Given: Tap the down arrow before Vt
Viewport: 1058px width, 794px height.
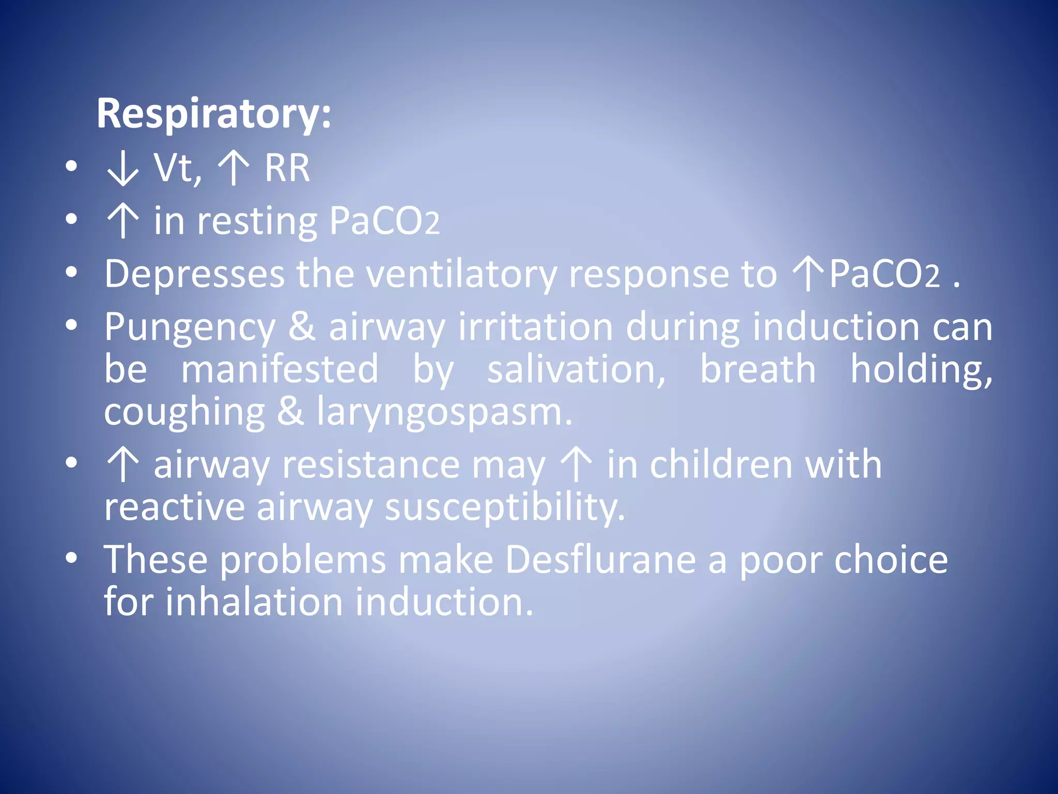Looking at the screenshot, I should click(x=122, y=169).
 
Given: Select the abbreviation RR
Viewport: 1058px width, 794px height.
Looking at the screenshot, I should click(x=287, y=169).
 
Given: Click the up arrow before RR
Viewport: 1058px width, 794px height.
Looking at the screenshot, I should click(x=234, y=169).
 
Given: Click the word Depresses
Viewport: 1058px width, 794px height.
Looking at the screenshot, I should click(x=194, y=274).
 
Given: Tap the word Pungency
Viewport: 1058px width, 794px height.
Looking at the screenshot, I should click(x=190, y=328).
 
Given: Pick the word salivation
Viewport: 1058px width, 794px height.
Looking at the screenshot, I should click(x=577, y=370).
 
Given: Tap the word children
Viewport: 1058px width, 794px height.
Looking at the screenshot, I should click(x=721, y=465).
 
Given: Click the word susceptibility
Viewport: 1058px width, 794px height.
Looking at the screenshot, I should click(x=505, y=508).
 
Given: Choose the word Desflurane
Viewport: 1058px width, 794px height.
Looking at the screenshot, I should click(x=600, y=560).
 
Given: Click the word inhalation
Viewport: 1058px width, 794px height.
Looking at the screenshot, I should click(x=254, y=602).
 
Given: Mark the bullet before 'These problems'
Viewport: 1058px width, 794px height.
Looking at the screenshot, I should click(x=71, y=558).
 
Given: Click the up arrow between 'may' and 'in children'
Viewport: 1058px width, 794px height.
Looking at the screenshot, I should click(x=576, y=465).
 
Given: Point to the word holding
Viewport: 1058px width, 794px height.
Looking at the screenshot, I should click(x=921, y=370).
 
